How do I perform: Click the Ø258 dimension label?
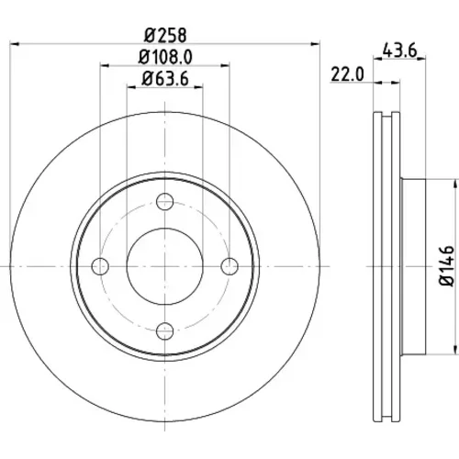click(165, 35)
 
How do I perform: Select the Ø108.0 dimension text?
click(165, 57)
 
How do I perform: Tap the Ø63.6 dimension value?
click(165, 79)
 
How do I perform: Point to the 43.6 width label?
click(400, 50)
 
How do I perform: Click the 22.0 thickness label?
click(348, 74)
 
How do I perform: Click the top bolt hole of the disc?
click(165, 201)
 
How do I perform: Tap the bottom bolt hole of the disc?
click(165, 331)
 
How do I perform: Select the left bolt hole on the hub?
click(100, 266)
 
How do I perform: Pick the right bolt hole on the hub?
click(229, 266)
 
